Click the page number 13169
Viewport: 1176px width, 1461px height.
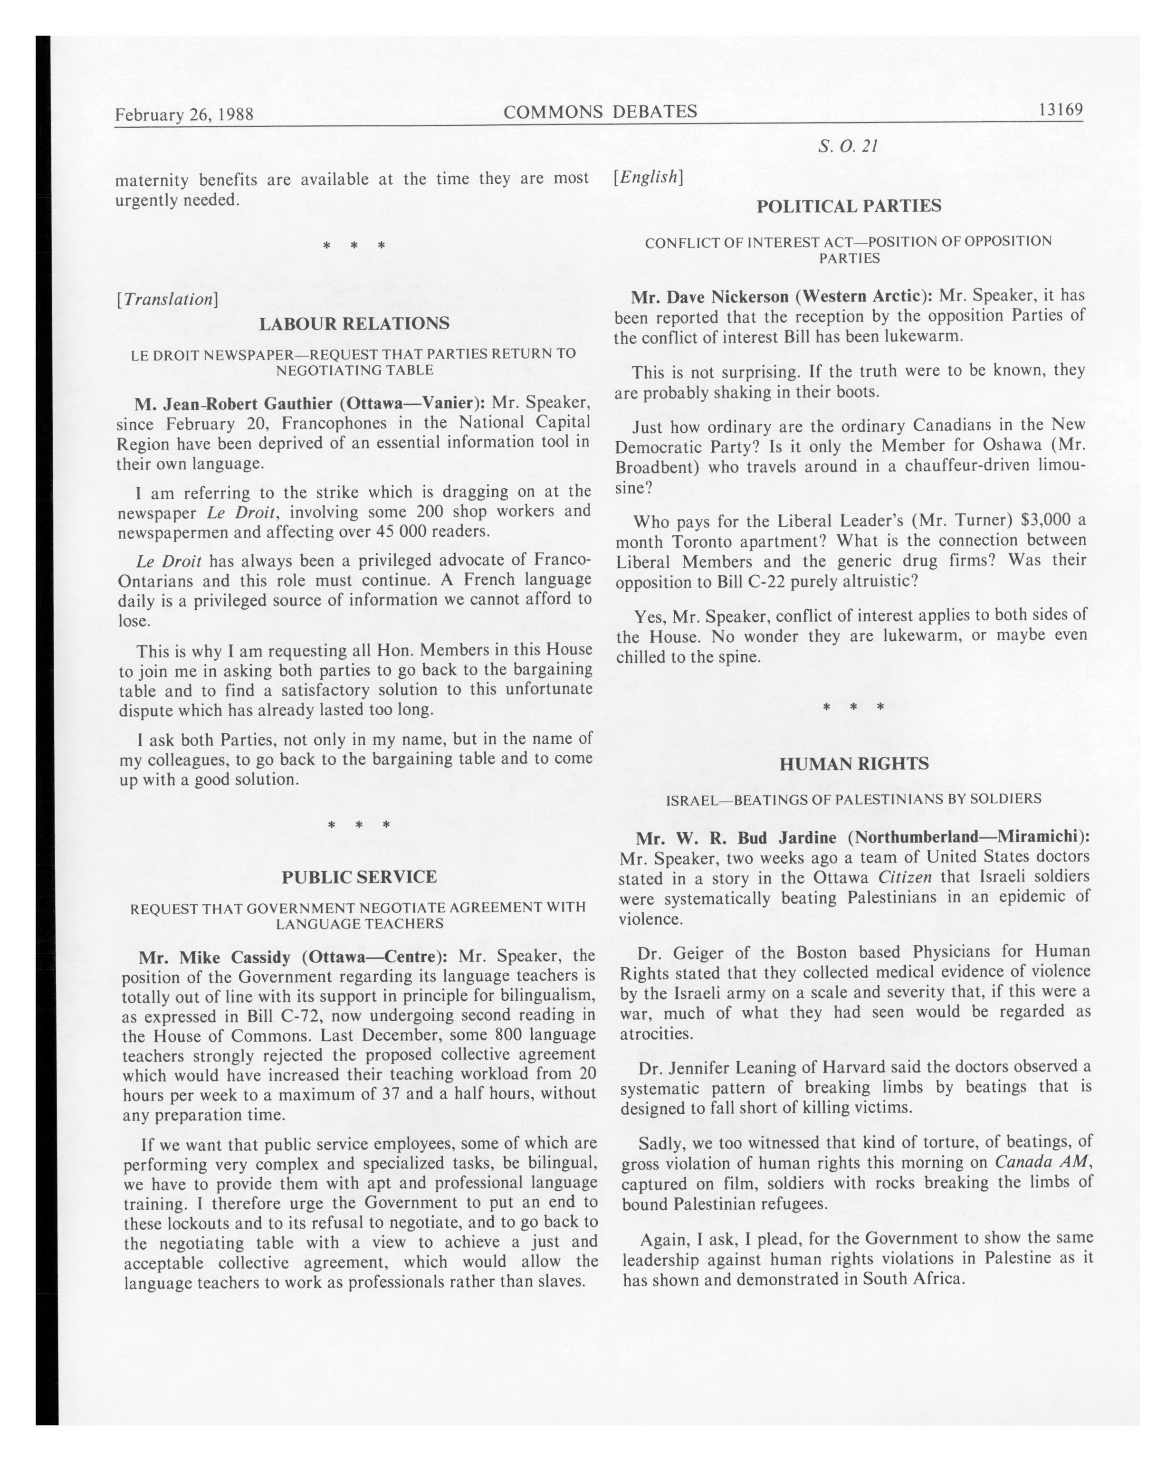(1060, 110)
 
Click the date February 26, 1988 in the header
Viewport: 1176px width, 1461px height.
(184, 114)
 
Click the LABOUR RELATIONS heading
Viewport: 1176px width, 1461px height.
(354, 323)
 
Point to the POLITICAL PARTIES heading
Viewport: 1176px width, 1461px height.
(849, 206)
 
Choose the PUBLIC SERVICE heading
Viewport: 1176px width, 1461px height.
(359, 877)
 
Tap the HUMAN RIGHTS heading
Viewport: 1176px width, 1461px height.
(853, 764)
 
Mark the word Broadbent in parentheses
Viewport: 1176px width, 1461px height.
(653, 467)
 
